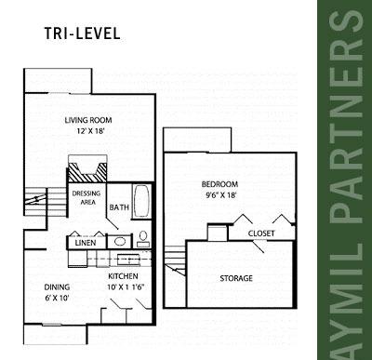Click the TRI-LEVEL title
[82, 33]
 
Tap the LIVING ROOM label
[88, 120]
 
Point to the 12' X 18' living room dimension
[90, 131]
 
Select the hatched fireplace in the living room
[87, 172]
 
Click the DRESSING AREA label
[86, 198]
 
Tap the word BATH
[119, 207]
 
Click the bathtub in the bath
[141, 201]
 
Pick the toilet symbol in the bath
[143, 239]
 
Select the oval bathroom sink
[120, 242]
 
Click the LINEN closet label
[86, 243]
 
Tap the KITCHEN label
[123, 276]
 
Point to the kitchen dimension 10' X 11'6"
[126, 287]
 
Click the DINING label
[57, 287]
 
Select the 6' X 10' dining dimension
[57, 299]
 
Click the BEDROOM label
[219, 184]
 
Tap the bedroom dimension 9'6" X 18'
[221, 195]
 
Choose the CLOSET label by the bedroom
[261, 233]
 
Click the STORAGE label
[236, 278]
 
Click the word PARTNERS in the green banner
[346, 117]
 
